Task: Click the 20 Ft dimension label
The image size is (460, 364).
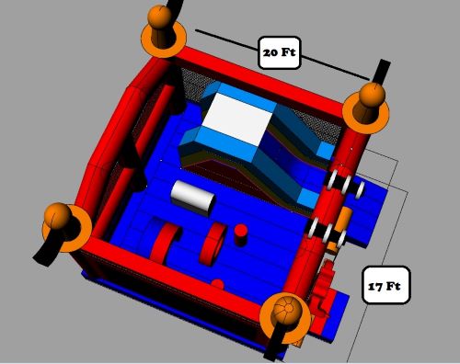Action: coord(280,52)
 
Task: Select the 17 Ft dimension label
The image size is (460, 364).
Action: coord(385,285)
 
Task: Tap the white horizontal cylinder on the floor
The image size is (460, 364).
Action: coord(193,198)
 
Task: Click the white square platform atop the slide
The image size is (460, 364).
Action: coord(237,119)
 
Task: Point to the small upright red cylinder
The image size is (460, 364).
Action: coord(241,234)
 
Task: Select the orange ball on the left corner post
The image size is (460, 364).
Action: coord(58,215)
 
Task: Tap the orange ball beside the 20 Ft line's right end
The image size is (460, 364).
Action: coord(372,95)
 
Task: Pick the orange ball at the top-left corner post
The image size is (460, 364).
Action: coord(159,17)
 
